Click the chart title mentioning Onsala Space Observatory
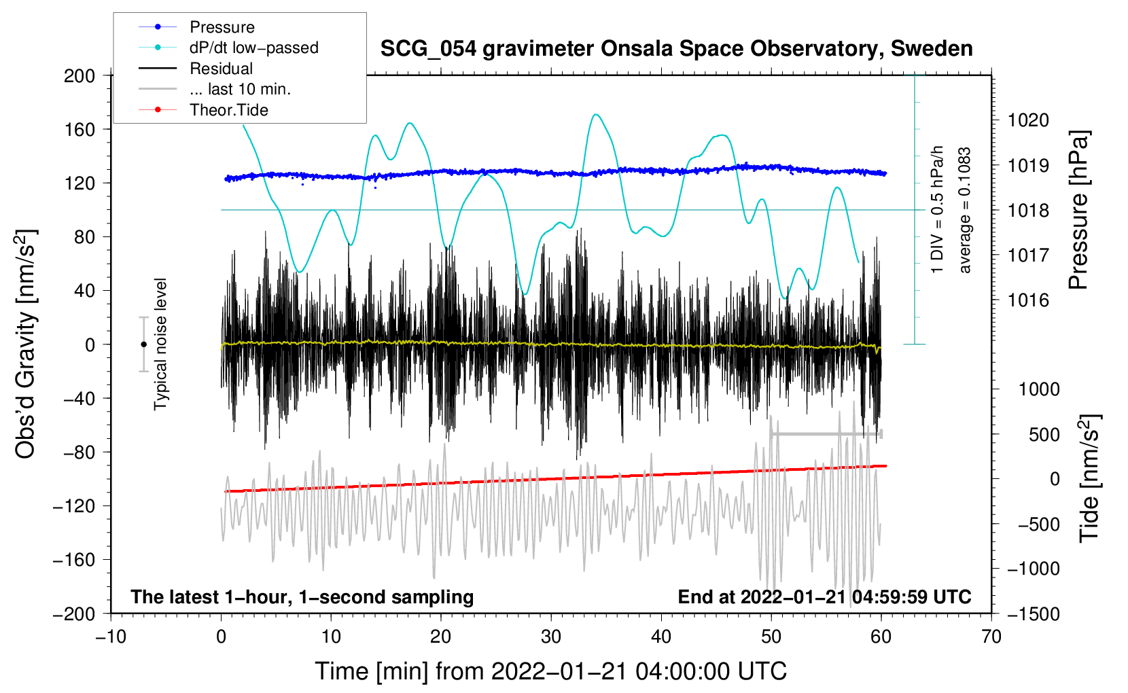pos(676,49)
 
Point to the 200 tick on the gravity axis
pos(80,76)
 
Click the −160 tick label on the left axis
pos(74,560)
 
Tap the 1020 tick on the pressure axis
pos(1028,120)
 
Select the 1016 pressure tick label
pos(1028,301)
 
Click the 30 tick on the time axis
pos(551,637)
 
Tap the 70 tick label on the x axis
pos(991,637)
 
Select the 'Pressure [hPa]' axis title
pos(1078,211)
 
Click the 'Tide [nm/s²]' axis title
pos(1090,479)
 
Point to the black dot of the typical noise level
pos(143,344)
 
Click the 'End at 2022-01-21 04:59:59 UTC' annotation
pos(824,597)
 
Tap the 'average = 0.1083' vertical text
pos(964,211)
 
